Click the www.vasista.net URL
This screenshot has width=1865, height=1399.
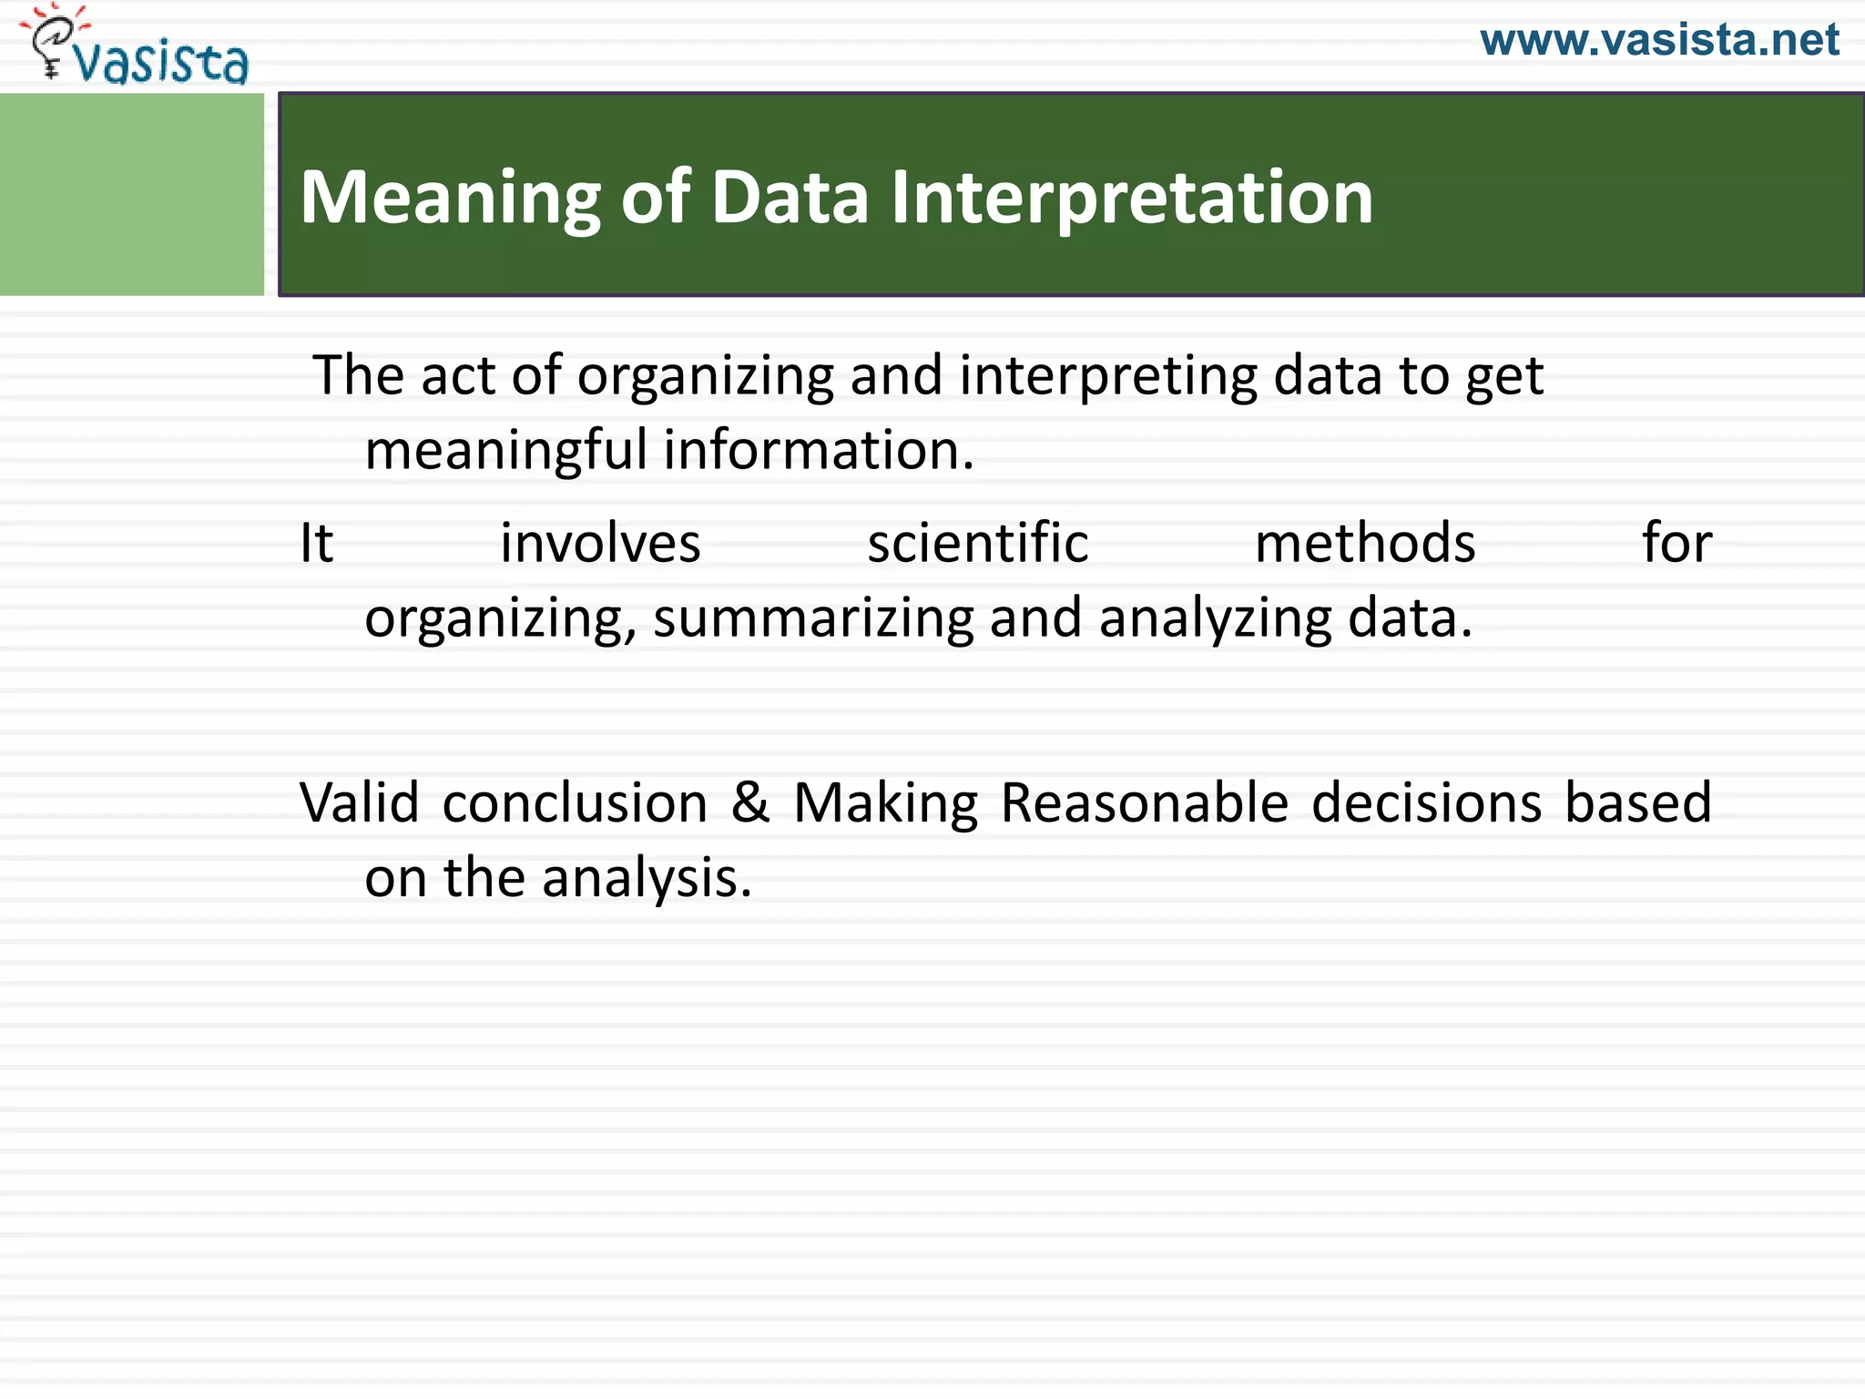pos(1659,41)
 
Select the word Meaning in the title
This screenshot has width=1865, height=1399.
pos(450,198)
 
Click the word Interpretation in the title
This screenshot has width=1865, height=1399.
pos(1131,198)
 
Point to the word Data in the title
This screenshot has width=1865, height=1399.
pos(790,198)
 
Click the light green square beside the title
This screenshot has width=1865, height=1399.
pos(131,194)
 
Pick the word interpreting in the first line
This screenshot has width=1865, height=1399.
pos(1106,375)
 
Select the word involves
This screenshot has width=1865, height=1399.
pos(600,544)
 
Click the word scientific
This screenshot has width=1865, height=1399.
pos(977,544)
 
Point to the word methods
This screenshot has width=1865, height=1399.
pos(1364,544)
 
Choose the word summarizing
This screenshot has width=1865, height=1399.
pos(813,619)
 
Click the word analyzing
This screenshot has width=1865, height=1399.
pos(1215,619)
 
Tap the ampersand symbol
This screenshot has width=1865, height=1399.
pos(750,802)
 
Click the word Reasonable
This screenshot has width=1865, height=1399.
pos(1144,802)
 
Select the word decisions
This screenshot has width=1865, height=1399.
pos(1426,802)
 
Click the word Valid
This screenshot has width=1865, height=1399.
pos(360,802)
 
